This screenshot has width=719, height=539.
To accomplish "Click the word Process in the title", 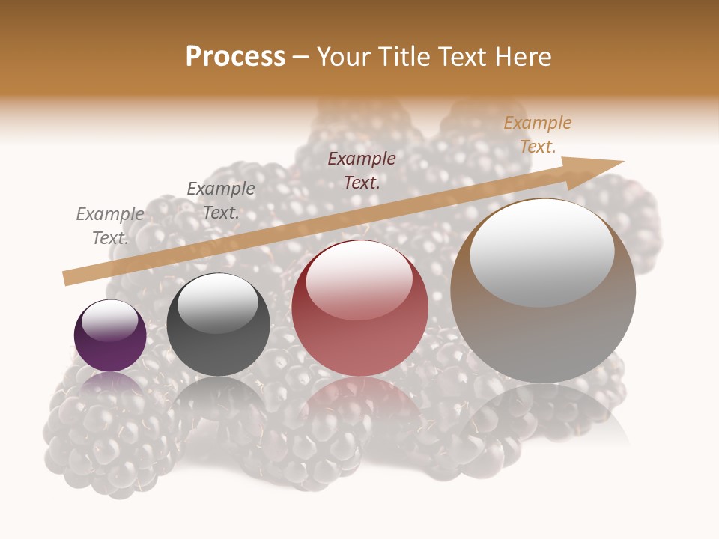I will pos(235,57).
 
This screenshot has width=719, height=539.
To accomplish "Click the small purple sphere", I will pos(110,336).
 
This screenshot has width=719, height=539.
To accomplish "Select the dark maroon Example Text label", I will pos(362,170).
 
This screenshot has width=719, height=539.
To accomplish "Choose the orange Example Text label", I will pos(537,135).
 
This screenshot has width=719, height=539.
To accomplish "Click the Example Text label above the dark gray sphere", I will pos(221,201).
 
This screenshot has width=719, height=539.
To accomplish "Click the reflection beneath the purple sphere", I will pos(110,389).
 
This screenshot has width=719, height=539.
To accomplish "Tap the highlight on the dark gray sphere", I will pos(218,303).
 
